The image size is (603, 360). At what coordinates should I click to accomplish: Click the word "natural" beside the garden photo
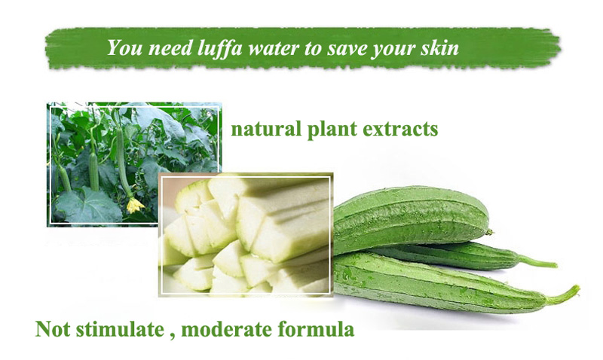(266, 129)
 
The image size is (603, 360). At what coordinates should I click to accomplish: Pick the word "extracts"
(400, 130)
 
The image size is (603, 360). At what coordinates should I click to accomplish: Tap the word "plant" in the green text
(331, 130)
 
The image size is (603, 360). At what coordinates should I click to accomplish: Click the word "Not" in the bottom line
(53, 329)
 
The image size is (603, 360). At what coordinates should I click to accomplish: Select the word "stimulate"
(120, 329)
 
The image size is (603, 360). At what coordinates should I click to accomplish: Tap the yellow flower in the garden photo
(135, 205)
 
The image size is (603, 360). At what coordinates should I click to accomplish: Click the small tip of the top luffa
(489, 232)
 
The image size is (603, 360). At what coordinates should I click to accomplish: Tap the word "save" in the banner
(345, 49)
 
